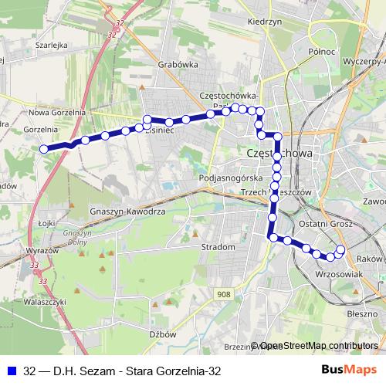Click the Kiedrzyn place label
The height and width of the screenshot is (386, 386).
(264, 22)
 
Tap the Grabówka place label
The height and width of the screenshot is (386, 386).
(177, 66)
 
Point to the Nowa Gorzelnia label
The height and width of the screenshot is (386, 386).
(56, 112)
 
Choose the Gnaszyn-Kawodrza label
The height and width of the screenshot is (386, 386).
(127, 211)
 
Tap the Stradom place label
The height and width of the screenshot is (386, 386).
(217, 247)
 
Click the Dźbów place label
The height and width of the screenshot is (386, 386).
(164, 334)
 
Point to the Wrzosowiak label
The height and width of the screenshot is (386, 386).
(340, 274)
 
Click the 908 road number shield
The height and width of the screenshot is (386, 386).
(224, 294)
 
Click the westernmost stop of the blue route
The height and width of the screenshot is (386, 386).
(44, 148)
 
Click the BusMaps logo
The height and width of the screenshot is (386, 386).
(349, 371)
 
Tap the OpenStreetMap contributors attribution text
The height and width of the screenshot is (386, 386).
(318, 347)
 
